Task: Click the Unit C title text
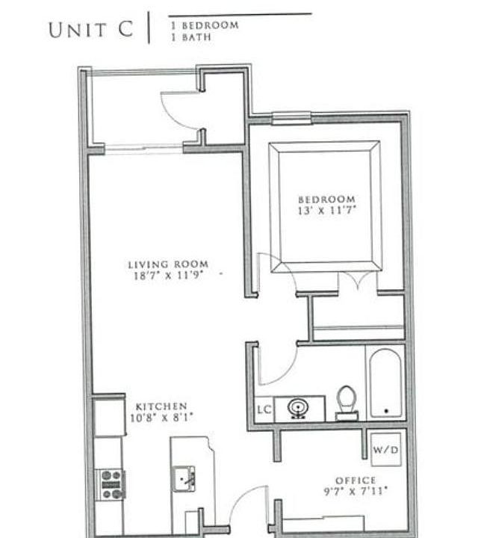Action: [91, 30]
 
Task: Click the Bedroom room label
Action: [326, 200]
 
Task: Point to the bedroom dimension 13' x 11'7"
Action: [326, 211]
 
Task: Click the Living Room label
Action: [167, 265]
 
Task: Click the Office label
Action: [356, 480]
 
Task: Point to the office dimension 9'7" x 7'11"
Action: [355, 492]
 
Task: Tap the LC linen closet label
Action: [263, 409]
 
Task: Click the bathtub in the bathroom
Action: [385, 383]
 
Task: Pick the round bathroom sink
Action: [297, 408]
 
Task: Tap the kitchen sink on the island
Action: [184, 477]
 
